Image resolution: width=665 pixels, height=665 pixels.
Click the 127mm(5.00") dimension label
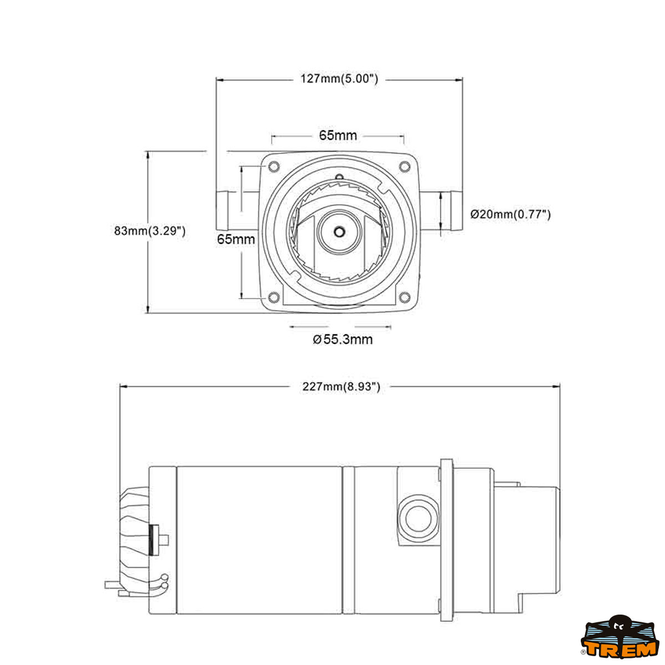[339, 79]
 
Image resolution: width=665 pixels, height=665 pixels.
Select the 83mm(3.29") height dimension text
[150, 231]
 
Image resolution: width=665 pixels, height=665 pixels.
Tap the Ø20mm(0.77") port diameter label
[510, 214]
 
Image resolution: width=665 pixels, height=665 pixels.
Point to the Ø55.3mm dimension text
[342, 339]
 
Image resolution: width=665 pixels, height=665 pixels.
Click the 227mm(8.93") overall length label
[341, 387]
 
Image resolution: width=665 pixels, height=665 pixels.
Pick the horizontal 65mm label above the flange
[337, 135]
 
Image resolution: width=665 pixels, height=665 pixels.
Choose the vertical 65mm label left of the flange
[236, 239]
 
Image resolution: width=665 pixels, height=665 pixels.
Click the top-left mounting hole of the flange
[272, 166]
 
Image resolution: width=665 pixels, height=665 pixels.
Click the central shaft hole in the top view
[339, 231]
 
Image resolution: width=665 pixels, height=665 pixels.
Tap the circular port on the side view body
[416, 519]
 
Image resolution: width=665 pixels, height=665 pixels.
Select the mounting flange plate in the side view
[447, 540]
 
